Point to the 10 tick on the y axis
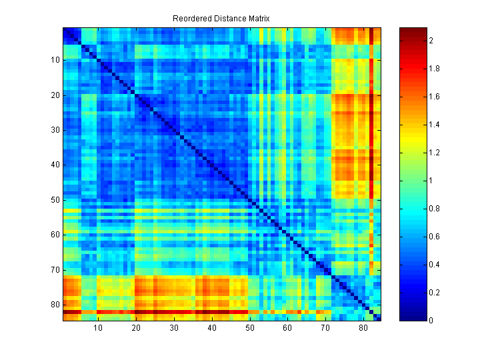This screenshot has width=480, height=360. [x=55, y=60]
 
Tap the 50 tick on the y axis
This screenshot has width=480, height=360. [x=55, y=200]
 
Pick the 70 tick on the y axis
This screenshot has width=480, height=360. [x=55, y=270]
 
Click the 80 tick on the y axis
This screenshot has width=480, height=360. [x=55, y=305]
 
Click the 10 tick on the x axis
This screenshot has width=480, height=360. [x=98, y=328]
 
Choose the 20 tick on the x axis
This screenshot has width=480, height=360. [x=136, y=328]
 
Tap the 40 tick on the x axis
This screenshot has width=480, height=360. [x=212, y=328]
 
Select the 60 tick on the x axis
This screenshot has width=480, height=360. [x=287, y=328]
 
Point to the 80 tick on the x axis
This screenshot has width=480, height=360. [x=363, y=328]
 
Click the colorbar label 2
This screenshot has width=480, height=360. [x=431, y=41]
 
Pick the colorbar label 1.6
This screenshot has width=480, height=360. [x=434, y=97]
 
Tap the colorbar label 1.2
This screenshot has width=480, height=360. [x=434, y=153]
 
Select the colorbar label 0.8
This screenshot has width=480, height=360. [x=434, y=209]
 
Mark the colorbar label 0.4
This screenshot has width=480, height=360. [x=434, y=265]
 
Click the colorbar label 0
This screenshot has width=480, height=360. [x=431, y=321]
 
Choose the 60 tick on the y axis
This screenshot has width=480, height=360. [x=55, y=235]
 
